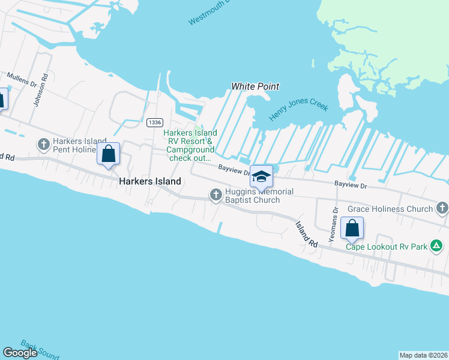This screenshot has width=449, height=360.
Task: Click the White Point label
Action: click(x=255, y=86)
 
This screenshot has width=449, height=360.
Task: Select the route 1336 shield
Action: click(x=154, y=122)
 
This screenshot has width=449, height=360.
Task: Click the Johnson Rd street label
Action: click(x=39, y=95)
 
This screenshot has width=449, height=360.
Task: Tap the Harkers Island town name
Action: click(x=149, y=181)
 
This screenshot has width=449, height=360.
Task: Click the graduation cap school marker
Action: click(x=261, y=176)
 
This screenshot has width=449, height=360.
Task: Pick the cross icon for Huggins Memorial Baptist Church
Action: click(x=215, y=194)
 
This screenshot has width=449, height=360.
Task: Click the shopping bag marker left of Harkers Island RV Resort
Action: click(x=108, y=154)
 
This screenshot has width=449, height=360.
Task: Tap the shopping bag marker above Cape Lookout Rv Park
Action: click(x=352, y=228)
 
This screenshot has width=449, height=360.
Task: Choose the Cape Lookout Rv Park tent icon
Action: click(x=438, y=245)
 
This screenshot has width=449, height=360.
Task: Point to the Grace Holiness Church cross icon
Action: click(x=442, y=208)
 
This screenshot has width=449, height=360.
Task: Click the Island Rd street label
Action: click(x=306, y=234)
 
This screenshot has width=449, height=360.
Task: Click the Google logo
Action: click(x=20, y=353)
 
